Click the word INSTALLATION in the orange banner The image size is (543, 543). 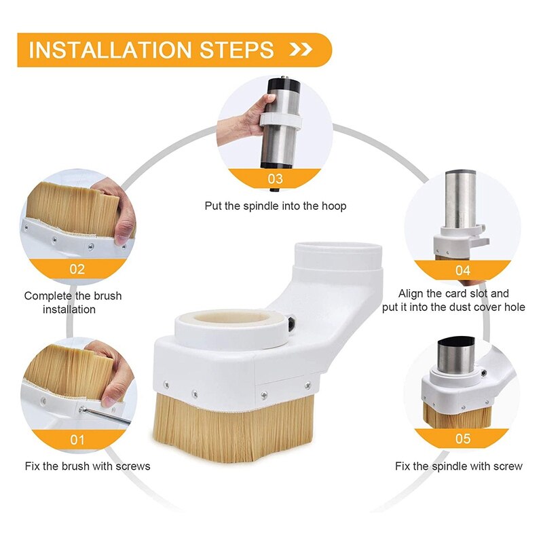pos(110,50)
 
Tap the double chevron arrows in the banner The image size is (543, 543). pos(301,50)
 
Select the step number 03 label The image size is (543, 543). pos(276,179)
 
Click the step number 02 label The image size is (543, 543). pos(77,269)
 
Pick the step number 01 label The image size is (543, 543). pos(77,440)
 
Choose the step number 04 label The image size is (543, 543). pos(463,270)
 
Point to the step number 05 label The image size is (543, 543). pos(463,438)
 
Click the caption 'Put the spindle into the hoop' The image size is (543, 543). pos(276,206)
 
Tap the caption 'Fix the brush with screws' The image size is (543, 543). pos(88,466)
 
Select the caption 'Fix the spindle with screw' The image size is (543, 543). pos(459,466)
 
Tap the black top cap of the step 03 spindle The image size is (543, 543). pos(283,84)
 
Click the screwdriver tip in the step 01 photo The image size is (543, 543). pos(82,410)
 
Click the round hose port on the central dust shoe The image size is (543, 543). pos(337,256)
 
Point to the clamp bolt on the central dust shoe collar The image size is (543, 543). pos(292,322)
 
